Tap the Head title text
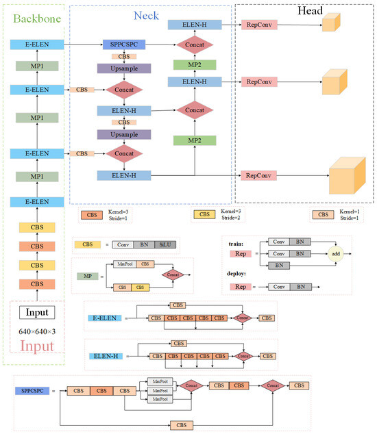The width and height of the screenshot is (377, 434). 310,12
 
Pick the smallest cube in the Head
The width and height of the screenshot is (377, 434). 330,25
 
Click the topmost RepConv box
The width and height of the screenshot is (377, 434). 258,25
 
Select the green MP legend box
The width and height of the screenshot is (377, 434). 86,276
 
